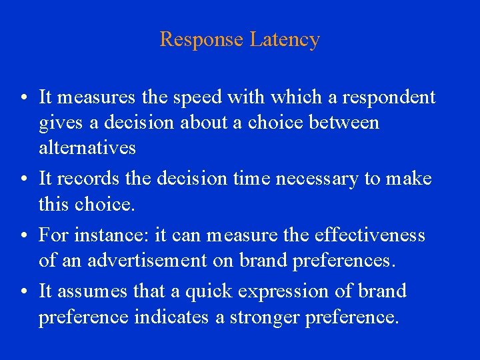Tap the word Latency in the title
tap(285, 39)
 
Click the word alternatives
tap(87, 147)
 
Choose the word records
tap(85, 179)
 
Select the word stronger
tap(266, 317)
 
